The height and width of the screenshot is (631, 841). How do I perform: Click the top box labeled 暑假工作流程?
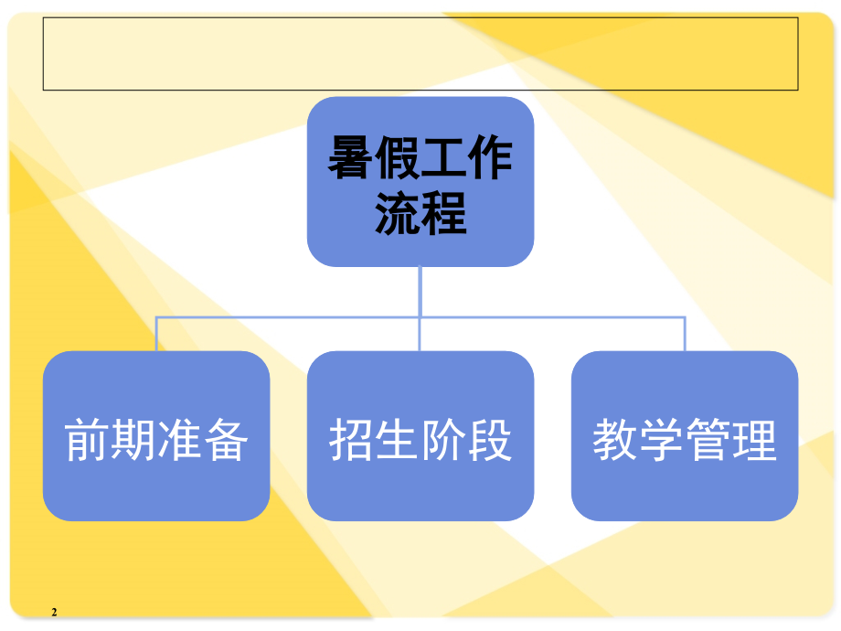[420, 181]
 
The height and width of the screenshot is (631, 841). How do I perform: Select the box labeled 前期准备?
[156, 435]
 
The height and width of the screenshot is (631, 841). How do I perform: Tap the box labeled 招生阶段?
[420, 435]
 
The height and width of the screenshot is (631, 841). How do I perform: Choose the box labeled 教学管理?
[685, 435]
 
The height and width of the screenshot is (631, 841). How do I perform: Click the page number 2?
[54, 612]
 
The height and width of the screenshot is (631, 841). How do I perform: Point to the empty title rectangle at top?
[420, 54]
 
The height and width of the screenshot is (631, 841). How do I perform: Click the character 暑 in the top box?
[350, 157]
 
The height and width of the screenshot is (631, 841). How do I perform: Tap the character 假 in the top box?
[397, 157]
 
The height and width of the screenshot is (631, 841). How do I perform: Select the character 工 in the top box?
[443, 157]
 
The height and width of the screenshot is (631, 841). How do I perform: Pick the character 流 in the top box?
[397, 213]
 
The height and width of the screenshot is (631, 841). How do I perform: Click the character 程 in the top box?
[443, 213]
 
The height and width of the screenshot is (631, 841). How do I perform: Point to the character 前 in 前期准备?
[87, 440]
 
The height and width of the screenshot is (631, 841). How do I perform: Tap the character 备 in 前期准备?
[226, 440]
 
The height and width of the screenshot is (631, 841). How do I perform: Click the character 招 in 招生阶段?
[351, 440]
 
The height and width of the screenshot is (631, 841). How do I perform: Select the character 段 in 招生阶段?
[490, 440]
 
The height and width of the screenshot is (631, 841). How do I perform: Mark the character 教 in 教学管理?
[614, 440]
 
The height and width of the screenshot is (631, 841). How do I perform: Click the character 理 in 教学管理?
[754, 440]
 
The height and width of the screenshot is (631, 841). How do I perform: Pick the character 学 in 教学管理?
[661, 440]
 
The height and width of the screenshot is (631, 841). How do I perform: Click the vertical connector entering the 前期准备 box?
[156, 335]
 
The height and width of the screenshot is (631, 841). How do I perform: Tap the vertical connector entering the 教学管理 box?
[685, 335]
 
